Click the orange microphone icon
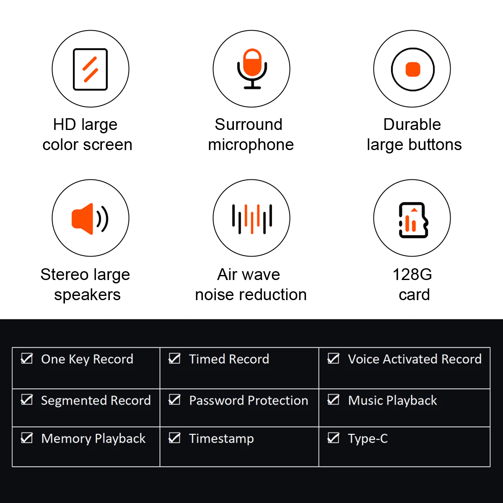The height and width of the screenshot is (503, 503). [x=252, y=69]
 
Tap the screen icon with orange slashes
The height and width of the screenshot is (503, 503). [x=90, y=69]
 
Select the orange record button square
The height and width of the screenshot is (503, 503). [x=413, y=70]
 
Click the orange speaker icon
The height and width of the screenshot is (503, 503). [x=90, y=219]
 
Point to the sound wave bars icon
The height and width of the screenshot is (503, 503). [x=252, y=219]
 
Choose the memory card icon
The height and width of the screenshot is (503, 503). [x=413, y=220]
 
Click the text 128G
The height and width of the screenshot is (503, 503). [x=412, y=275]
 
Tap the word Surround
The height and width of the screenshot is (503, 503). [x=249, y=124]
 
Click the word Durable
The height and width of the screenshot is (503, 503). [x=412, y=124]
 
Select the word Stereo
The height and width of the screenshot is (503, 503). [x=65, y=275]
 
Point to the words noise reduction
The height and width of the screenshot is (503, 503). [x=251, y=295]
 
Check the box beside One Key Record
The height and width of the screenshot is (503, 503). [x=27, y=358]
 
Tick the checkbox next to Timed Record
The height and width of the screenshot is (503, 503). [x=174, y=358]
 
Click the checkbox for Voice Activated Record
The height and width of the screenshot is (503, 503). [x=333, y=358]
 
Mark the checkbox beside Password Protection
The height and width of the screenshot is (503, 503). [x=174, y=399]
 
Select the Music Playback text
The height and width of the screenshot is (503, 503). [x=392, y=400]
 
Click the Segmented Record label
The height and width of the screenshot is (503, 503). [x=96, y=400]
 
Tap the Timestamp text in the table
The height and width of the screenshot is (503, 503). [x=221, y=438]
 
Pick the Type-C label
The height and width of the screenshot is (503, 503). [x=368, y=438]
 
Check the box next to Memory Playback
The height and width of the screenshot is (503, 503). [x=27, y=438]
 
